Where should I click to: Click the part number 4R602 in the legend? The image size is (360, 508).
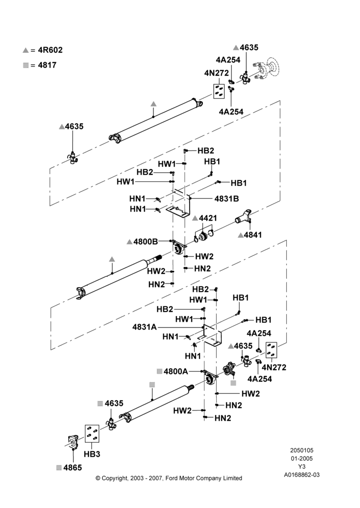[50, 50]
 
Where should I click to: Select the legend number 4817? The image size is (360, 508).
[47, 65]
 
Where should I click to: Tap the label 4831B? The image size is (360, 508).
[227, 199]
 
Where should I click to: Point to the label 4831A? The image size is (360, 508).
[144, 327]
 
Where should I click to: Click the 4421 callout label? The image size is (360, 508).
[208, 218]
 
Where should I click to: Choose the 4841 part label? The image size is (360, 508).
[253, 235]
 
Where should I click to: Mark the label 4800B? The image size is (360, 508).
[145, 241]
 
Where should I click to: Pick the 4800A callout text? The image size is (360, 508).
[176, 371]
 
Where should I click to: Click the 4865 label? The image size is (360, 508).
[73, 467]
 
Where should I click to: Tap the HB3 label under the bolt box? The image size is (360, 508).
[92, 454]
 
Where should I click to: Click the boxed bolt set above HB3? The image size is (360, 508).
[92, 434]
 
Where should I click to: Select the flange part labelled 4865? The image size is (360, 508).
[72, 442]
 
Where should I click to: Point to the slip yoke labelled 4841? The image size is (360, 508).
[243, 216]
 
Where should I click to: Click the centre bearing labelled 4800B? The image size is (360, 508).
[178, 248]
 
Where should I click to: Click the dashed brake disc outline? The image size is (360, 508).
[273, 68]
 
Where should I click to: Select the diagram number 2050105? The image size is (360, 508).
[302, 450]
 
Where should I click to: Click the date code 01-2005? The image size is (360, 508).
[302, 458]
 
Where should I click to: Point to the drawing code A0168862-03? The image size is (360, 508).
[302, 475]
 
